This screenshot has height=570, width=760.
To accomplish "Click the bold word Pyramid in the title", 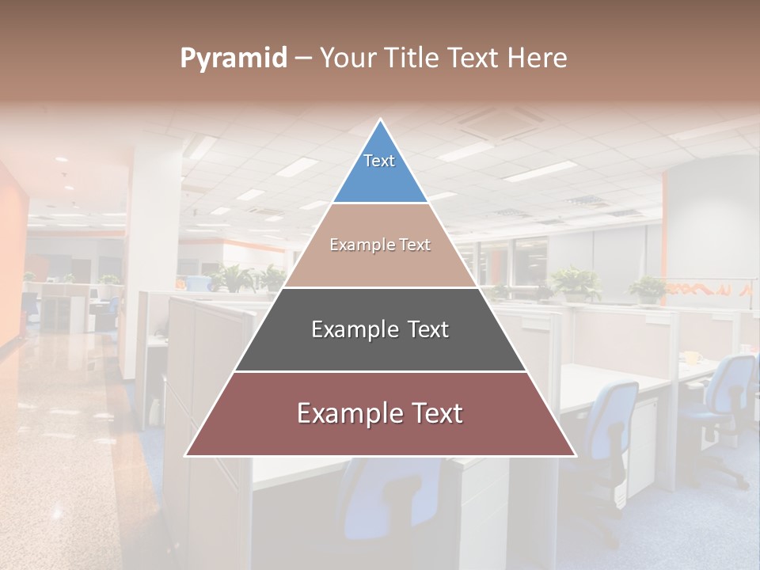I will pyautogui.click(x=234, y=59).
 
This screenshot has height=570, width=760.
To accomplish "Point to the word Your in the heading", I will pyautogui.click(x=347, y=59).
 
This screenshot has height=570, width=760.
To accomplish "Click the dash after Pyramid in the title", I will pyautogui.click(x=302, y=59).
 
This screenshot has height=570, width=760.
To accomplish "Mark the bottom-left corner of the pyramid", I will pyautogui.click(x=186, y=455).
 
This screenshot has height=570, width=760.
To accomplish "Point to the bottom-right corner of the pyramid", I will pyautogui.click(x=576, y=455).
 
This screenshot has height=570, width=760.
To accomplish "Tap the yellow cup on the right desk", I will pyautogui.click(x=691, y=357).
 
